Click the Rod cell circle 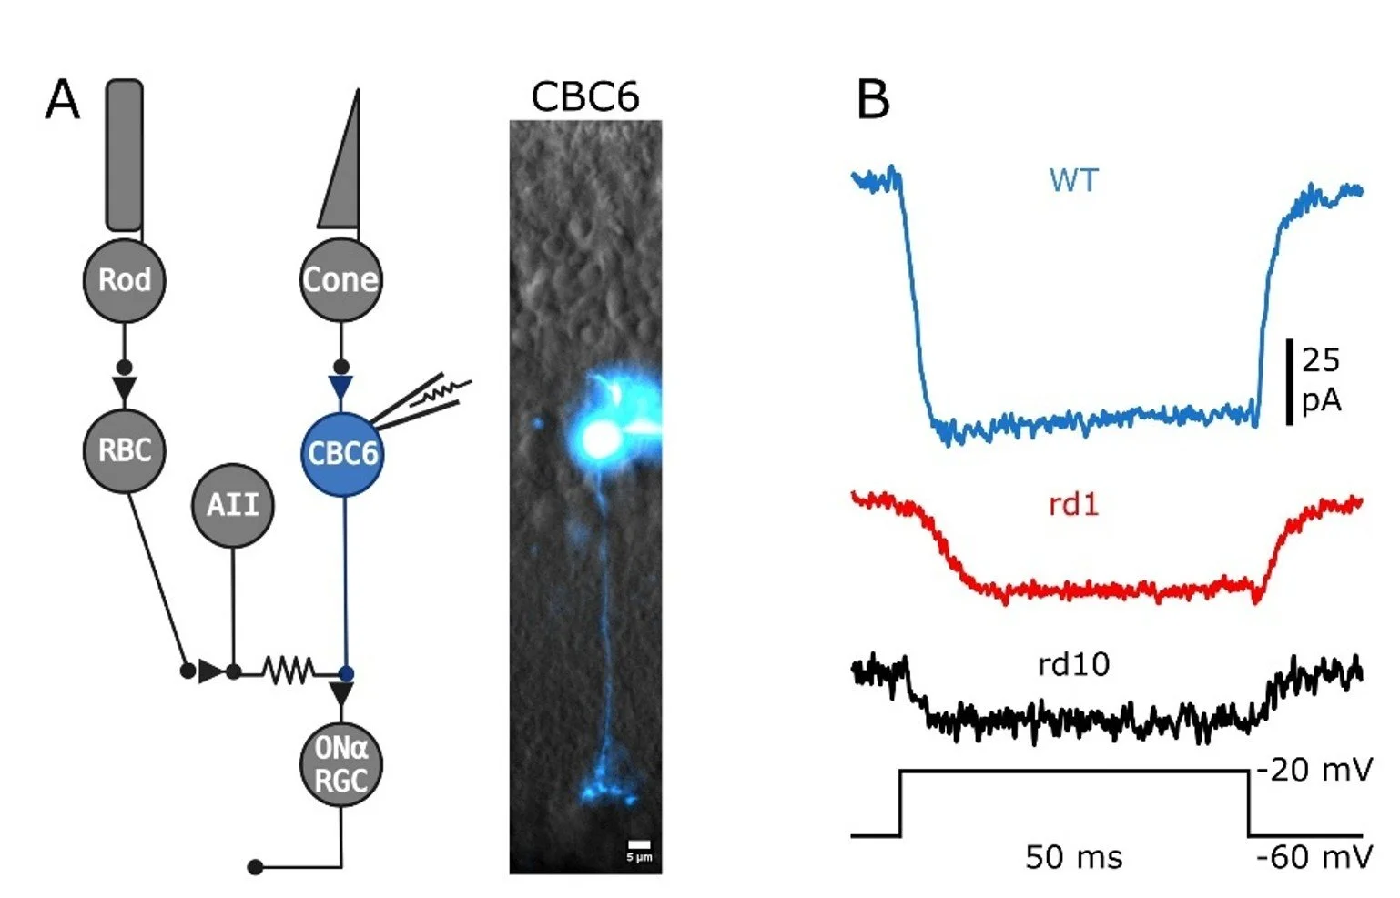[x=125, y=280]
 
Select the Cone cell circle [x=341, y=280]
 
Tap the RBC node [x=125, y=450]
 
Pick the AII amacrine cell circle [x=233, y=505]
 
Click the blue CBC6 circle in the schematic [x=342, y=453]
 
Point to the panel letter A [x=62, y=100]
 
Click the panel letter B [x=872, y=100]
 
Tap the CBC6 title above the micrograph [x=584, y=97]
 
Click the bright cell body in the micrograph [x=599, y=439]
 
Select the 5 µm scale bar [x=639, y=845]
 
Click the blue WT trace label [x=1074, y=180]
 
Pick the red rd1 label [x=1074, y=503]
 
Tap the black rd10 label [x=1074, y=664]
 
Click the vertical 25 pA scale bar [x=1290, y=381]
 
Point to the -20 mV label [x=1314, y=771]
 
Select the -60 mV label [x=1314, y=857]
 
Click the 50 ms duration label [x=1074, y=857]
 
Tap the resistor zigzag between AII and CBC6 [x=289, y=671]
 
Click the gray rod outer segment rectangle [x=125, y=155]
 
